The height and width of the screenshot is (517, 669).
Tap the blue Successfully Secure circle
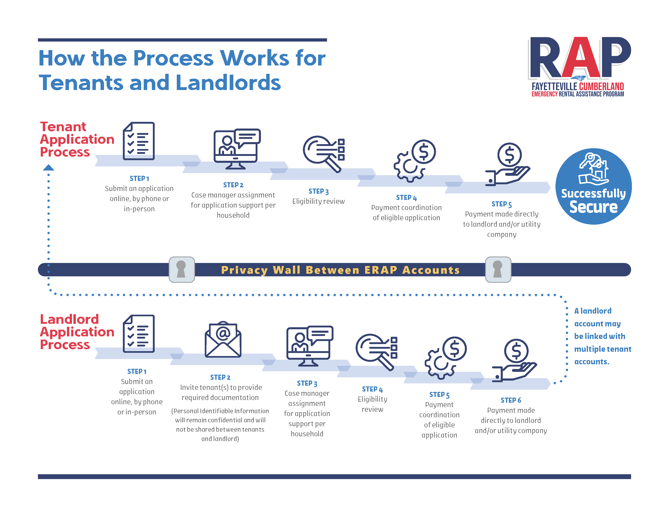click(593, 186)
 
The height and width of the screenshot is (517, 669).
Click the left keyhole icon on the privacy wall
click(182, 269)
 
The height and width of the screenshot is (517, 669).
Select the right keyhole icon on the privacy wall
click(498, 269)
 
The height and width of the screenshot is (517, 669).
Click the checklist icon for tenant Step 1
click(139, 141)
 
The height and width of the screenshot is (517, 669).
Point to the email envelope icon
click(223, 339)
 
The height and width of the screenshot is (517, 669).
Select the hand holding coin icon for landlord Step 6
click(514, 360)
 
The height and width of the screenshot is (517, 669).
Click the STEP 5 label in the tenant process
click(501, 204)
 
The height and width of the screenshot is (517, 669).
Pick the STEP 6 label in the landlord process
click(511, 400)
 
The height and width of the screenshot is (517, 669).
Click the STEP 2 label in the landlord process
click(220, 377)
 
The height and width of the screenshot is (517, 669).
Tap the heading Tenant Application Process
click(77, 139)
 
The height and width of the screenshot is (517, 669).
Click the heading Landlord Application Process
click(77, 332)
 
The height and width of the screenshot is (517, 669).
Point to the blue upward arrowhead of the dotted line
click(48, 167)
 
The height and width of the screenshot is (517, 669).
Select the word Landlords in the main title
click(228, 83)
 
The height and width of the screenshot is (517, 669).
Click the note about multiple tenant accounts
click(603, 336)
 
